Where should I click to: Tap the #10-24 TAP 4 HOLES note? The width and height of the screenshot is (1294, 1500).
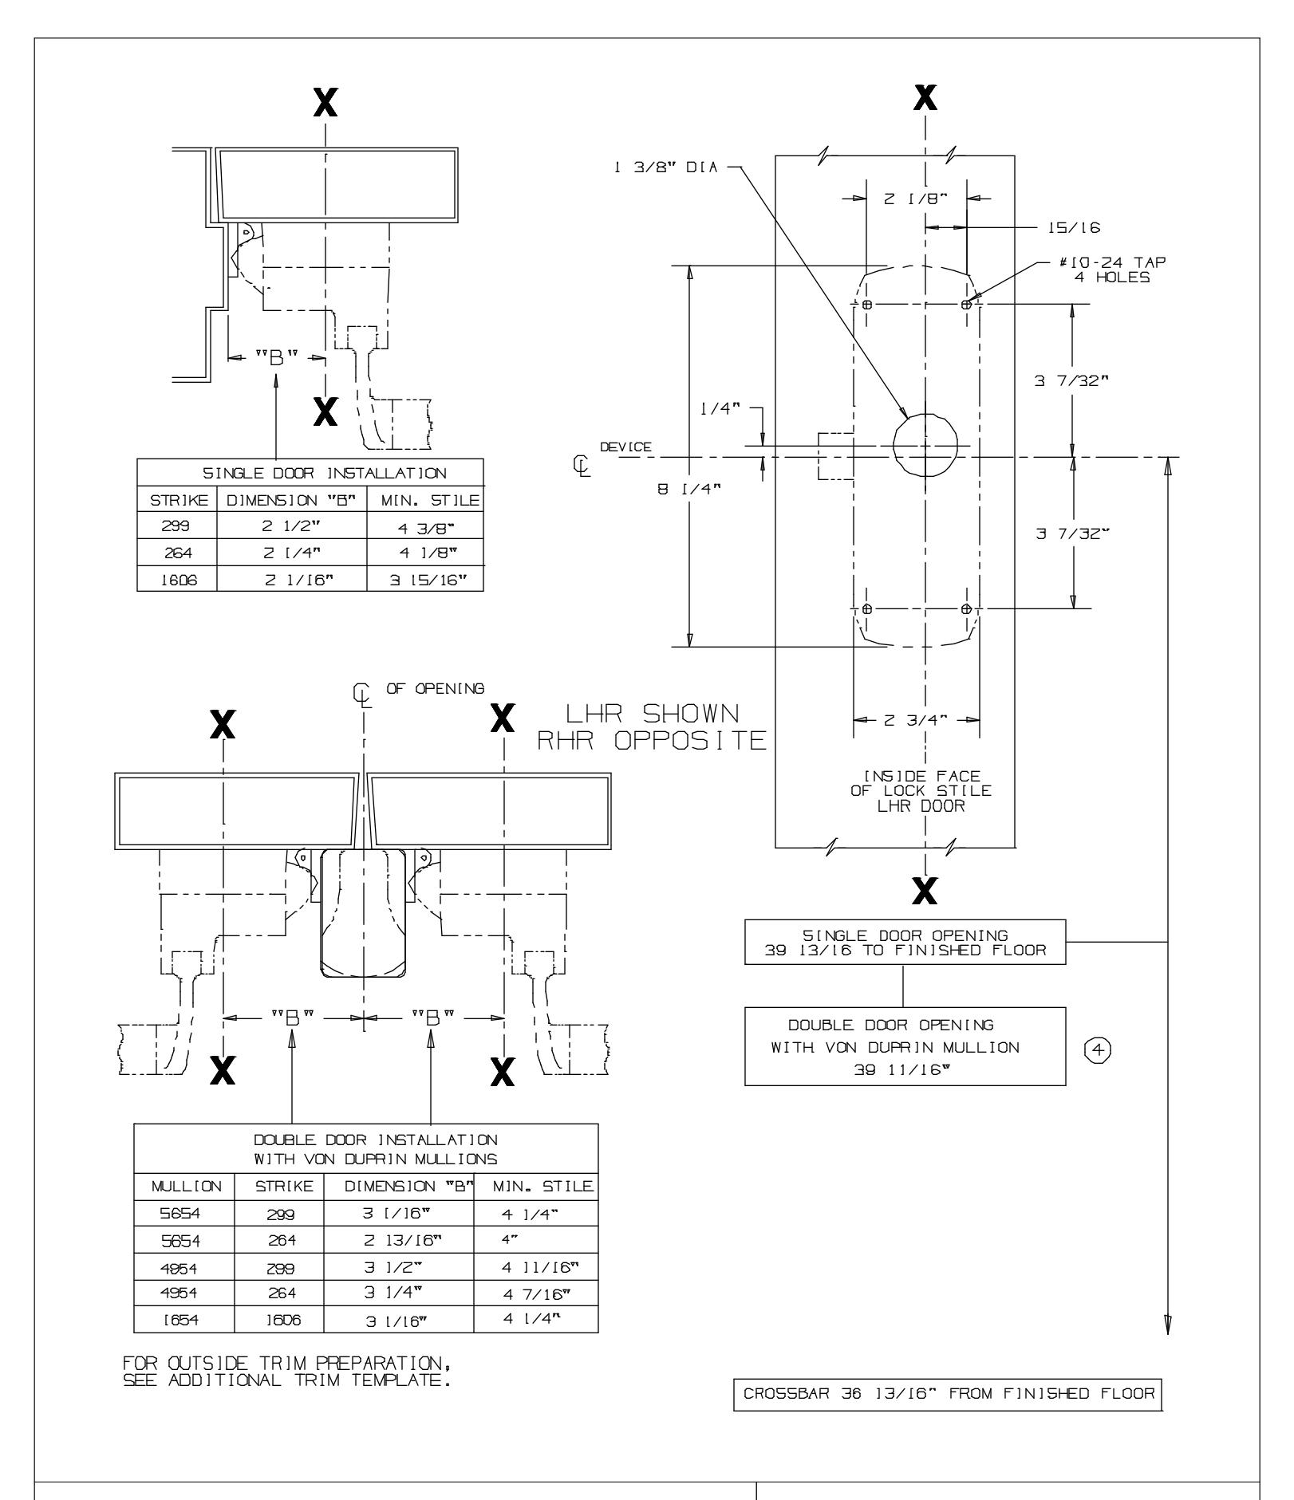(x=1112, y=271)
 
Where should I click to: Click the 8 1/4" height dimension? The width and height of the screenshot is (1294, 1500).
(x=677, y=490)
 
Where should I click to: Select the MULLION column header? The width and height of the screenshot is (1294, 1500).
(x=183, y=1208)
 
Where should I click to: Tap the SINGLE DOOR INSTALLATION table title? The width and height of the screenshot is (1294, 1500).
(x=311, y=473)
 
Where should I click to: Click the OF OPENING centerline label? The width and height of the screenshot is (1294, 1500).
(x=435, y=688)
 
